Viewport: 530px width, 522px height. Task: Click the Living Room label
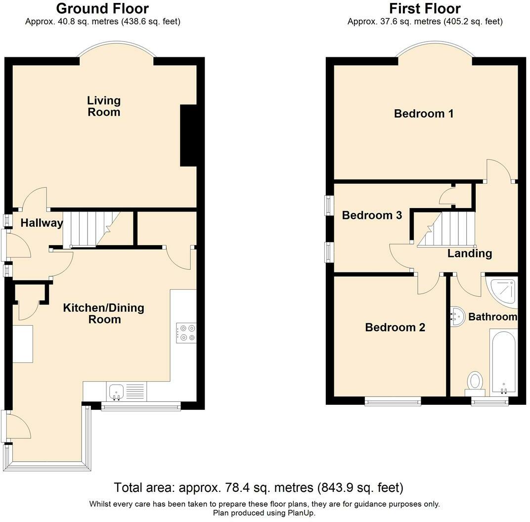click(x=104, y=106)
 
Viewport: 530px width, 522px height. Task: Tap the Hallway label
click(x=42, y=223)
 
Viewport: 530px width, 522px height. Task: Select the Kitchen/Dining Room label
click(x=104, y=313)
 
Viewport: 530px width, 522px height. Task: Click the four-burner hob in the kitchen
click(x=186, y=333)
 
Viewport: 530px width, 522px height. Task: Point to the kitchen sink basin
click(x=117, y=392)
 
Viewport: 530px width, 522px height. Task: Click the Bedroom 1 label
click(x=424, y=114)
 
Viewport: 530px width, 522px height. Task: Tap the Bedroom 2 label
click(x=395, y=327)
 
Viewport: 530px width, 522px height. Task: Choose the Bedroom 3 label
click(x=372, y=215)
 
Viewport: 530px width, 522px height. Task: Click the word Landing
click(x=470, y=254)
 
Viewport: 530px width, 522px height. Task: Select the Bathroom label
click(x=493, y=317)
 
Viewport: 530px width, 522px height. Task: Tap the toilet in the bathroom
click(x=475, y=384)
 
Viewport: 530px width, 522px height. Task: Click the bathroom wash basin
click(x=457, y=316)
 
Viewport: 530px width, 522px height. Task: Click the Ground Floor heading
click(x=102, y=8)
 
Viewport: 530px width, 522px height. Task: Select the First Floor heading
click(x=425, y=8)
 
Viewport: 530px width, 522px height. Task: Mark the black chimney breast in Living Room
click(x=188, y=135)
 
